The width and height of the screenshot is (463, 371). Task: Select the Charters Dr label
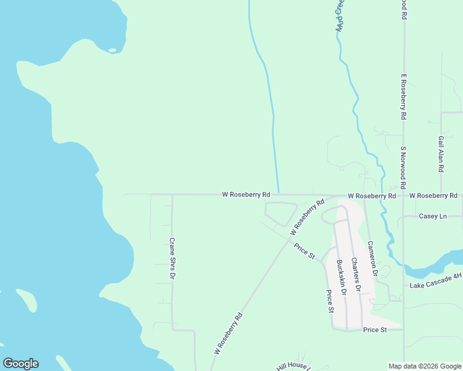click(355, 275)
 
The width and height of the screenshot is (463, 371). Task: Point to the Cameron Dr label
click(372, 258)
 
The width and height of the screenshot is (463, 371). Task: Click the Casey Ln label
click(433, 216)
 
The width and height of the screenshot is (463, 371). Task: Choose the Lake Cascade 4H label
click(436, 285)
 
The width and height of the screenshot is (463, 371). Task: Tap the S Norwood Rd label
click(402, 168)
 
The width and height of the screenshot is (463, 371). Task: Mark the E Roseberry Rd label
click(403, 97)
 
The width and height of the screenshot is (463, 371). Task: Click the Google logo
click(20, 364)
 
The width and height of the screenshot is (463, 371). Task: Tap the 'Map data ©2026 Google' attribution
click(425, 366)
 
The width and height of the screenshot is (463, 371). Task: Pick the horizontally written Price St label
click(374, 330)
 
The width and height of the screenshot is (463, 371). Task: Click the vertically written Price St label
click(330, 301)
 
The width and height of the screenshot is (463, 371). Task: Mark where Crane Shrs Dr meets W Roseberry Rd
click(172, 195)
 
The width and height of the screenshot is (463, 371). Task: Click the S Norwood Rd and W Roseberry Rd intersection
click(403, 195)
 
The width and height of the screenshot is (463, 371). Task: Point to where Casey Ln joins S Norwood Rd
click(403, 216)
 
